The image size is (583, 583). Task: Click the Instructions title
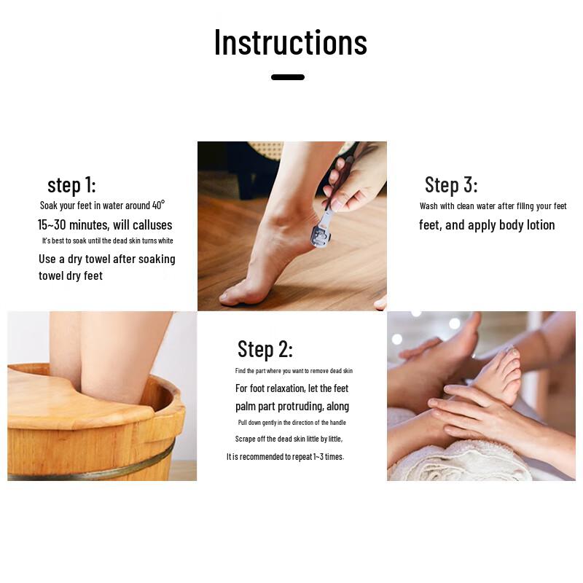(x=290, y=42)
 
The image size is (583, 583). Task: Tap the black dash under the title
(x=288, y=77)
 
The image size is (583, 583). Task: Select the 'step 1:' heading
(x=71, y=184)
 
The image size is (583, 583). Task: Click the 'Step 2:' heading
(x=265, y=349)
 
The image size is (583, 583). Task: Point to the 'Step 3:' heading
(x=451, y=184)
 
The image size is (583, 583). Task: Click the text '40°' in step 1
(x=158, y=206)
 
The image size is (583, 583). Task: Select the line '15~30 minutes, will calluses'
(x=105, y=224)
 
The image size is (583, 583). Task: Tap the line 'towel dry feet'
(x=71, y=275)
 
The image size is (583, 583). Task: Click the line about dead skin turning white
(x=107, y=240)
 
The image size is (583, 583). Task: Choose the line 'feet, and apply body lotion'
(x=487, y=225)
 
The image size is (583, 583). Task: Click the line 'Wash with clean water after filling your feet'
(x=493, y=206)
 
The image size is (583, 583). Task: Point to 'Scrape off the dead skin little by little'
(x=289, y=439)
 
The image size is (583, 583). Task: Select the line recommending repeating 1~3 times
(x=285, y=457)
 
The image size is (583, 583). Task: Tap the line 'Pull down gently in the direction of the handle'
(x=291, y=423)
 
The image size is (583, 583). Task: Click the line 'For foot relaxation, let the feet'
(x=291, y=388)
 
